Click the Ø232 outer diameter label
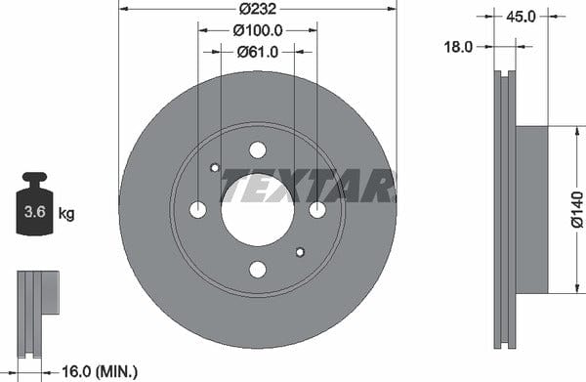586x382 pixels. pyautogui.click(x=258, y=8)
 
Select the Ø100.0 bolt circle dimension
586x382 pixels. pyautogui.click(x=258, y=30)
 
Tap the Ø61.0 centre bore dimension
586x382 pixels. pyautogui.click(x=258, y=52)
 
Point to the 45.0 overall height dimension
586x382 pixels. pyautogui.click(x=521, y=17)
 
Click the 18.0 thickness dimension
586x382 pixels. pyautogui.click(x=458, y=47)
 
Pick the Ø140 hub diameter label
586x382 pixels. pyautogui.click(x=577, y=209)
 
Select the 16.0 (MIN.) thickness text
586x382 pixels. pyautogui.click(x=100, y=371)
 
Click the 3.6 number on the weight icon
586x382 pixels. pyautogui.click(x=34, y=212)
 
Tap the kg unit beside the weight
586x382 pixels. pyautogui.click(x=66, y=214)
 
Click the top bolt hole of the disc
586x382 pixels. pyautogui.click(x=258, y=150)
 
